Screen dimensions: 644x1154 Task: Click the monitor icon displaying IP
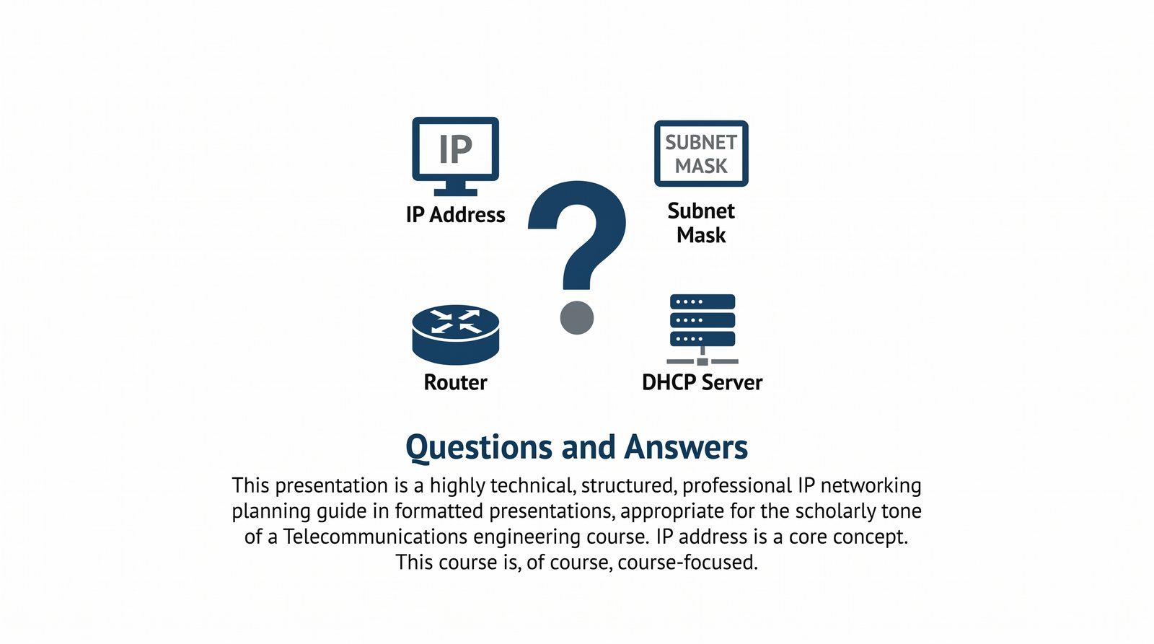pyautogui.click(x=455, y=149)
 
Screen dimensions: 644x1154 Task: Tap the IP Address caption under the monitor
pyautogui.click(x=455, y=215)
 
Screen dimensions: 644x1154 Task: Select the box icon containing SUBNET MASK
pyautogui.click(x=701, y=154)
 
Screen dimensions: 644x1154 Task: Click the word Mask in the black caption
pyautogui.click(x=701, y=235)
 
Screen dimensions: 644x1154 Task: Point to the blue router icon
pyautogui.click(x=455, y=333)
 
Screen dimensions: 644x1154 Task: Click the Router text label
pyautogui.click(x=455, y=382)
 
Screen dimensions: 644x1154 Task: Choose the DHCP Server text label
pyautogui.click(x=702, y=382)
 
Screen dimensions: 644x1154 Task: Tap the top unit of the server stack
pyautogui.click(x=702, y=301)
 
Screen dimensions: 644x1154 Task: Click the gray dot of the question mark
pyautogui.click(x=577, y=317)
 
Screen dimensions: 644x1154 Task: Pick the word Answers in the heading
pyautogui.click(x=686, y=447)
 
